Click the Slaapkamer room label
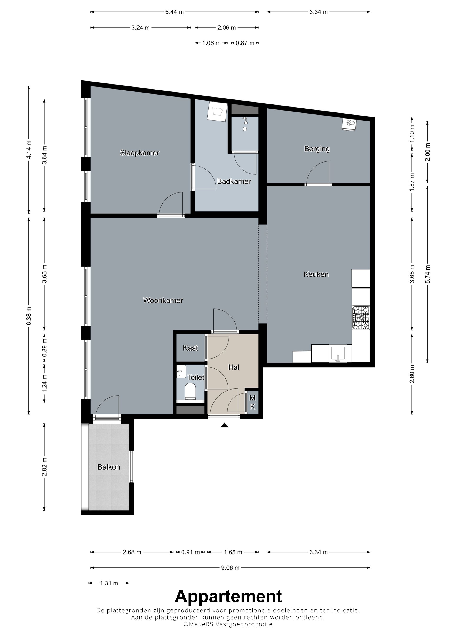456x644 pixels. pyautogui.click(x=139, y=153)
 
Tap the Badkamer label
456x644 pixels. pyautogui.click(x=234, y=181)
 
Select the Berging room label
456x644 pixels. pyautogui.click(x=317, y=149)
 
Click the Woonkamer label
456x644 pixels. pyautogui.click(x=163, y=300)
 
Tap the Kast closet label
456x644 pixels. pyautogui.click(x=190, y=348)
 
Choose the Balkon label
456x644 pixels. pyautogui.click(x=109, y=467)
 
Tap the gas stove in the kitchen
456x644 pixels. pyautogui.click(x=361, y=318)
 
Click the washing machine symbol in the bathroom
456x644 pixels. pyautogui.click(x=217, y=111)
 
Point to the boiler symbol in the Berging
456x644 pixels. pyautogui.click(x=349, y=124)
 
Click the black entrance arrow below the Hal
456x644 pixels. pyautogui.click(x=224, y=425)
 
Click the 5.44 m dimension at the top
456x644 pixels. pyautogui.click(x=175, y=12)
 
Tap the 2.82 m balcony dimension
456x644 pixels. pyautogui.click(x=44, y=467)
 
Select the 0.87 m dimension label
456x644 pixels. pyautogui.click(x=245, y=43)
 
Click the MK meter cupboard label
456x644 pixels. pyautogui.click(x=252, y=402)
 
